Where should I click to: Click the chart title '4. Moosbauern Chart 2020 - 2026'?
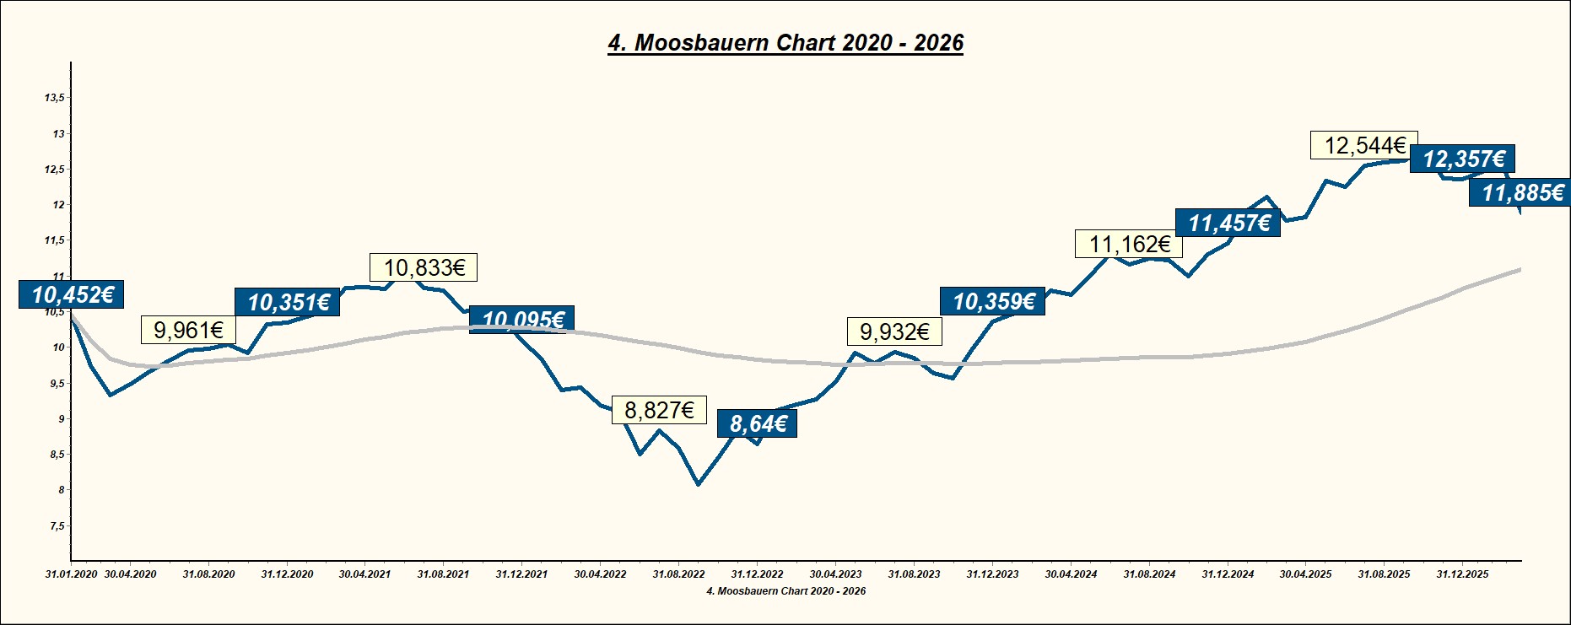(x=785, y=43)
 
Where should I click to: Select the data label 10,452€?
(x=73, y=294)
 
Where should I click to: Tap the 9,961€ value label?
(x=188, y=331)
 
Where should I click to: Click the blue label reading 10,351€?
(x=288, y=302)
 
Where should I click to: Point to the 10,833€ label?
(x=424, y=268)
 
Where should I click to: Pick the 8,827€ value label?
(x=659, y=411)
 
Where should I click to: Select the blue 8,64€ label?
(x=757, y=423)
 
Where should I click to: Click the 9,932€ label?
(x=894, y=332)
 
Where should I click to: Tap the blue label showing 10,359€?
(x=993, y=301)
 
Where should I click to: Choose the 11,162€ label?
(x=1129, y=245)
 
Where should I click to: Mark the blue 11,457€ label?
(x=1228, y=223)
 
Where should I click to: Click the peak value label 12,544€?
(x=1364, y=146)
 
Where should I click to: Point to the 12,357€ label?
(x=1463, y=159)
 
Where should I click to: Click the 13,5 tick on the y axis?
(x=54, y=98)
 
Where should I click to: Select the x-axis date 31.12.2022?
(x=757, y=574)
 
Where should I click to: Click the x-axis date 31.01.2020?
(x=71, y=574)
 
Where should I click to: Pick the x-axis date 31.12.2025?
(x=1462, y=574)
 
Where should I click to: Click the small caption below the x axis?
(x=785, y=591)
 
